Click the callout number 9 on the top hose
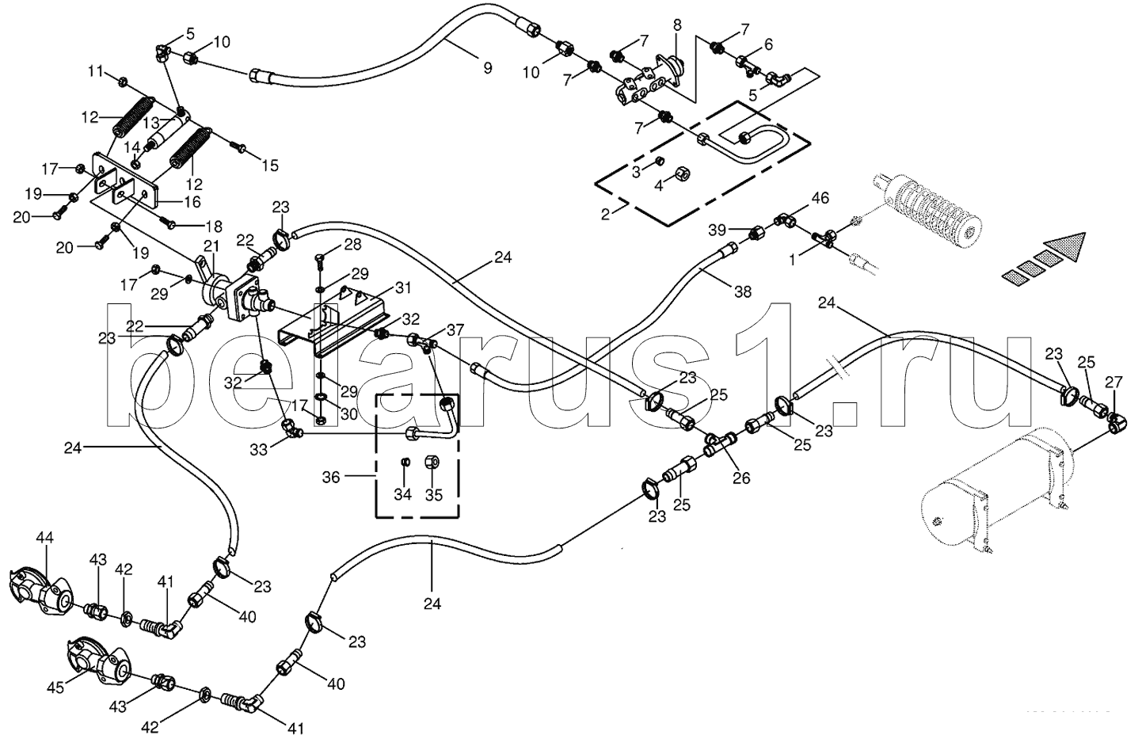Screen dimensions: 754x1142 [x=488, y=69]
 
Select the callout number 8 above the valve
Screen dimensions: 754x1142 [x=677, y=25]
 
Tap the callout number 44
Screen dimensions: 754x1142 [x=44, y=539]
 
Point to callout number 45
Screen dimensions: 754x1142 [x=54, y=688]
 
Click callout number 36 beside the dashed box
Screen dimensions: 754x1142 [x=331, y=477]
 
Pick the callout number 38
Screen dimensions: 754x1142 [x=742, y=291]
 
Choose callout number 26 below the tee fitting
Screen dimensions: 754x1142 [x=741, y=478]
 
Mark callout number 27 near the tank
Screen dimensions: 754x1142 [x=1113, y=383]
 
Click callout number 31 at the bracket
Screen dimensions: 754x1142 [x=403, y=286]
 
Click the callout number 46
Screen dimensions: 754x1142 [x=819, y=197]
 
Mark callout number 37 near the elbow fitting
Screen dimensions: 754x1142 [x=455, y=329]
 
